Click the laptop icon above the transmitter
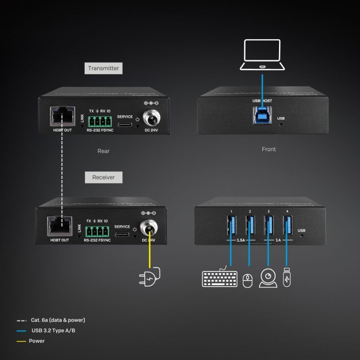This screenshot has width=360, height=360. click(x=262, y=55)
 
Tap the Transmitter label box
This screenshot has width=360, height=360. click(x=103, y=68)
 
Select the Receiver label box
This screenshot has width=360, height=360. click(x=103, y=177)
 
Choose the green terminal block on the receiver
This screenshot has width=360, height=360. click(x=97, y=231)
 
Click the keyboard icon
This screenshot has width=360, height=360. click(x=220, y=278)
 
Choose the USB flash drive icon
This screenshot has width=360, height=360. click(x=287, y=278)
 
